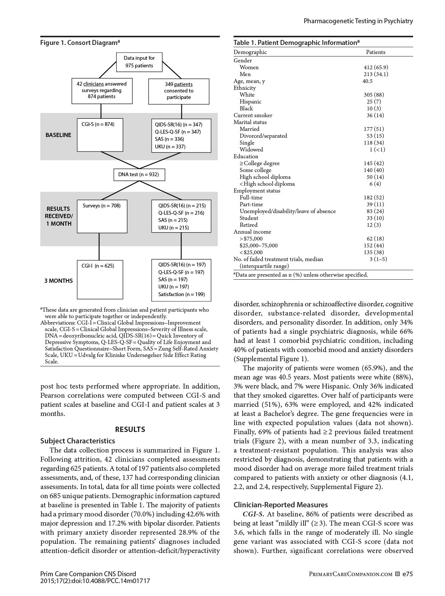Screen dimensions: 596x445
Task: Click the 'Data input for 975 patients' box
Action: pyautogui.click(x=139, y=62)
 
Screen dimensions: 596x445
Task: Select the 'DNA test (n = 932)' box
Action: pyautogui.click(x=138, y=175)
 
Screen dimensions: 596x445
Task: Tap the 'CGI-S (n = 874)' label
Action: pyautogui.click(x=98, y=124)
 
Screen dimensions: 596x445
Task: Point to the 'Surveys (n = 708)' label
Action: pyautogui.click(x=102, y=206)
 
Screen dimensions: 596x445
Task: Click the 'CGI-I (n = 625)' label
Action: pyautogui.click(x=97, y=266)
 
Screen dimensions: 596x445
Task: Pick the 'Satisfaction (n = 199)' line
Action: pyautogui.click(x=181, y=294)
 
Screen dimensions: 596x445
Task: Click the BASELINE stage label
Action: pyautogui.click(x=58, y=135)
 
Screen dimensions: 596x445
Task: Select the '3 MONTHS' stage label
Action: pyautogui.click(x=58, y=281)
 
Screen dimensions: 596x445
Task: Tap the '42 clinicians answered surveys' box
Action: pyautogui.click(x=102, y=91)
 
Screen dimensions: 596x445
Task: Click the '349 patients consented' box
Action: pyautogui.click(x=179, y=91)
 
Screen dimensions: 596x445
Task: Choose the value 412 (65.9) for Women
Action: pyautogui.click(x=376, y=67)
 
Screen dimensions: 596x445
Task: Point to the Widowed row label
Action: pyautogui.click(x=251, y=150)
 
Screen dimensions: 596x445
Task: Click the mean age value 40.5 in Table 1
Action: pyautogui.click(x=367, y=81)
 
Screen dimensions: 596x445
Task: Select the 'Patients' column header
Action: pyautogui.click(x=375, y=52)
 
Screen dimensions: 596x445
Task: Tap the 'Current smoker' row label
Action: pyautogui.click(x=253, y=115)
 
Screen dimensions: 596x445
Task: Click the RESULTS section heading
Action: pyautogui.click(x=130, y=429)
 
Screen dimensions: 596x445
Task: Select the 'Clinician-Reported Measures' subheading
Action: pyautogui.click(x=281, y=505)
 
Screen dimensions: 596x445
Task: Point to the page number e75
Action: pyautogui.click(x=408, y=574)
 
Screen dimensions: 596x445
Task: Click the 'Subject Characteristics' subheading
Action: pyautogui.click(x=78, y=441)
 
